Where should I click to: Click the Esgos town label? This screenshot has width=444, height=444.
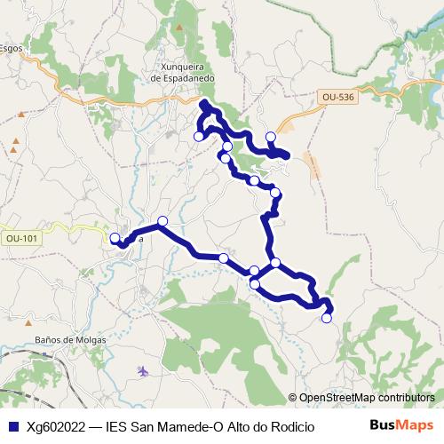click(x=10, y=49)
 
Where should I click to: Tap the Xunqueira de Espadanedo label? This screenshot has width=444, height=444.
click(x=185, y=71)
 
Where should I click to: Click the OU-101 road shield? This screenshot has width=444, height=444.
click(x=21, y=238)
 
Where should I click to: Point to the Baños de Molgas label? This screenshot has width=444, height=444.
click(x=70, y=340)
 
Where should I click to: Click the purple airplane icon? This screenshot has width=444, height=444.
click(x=144, y=369)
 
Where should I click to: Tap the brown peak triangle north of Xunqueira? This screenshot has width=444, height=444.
click(x=179, y=28)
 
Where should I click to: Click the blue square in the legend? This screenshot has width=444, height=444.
click(x=11, y=426)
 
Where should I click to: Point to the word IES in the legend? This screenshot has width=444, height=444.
click(x=116, y=426)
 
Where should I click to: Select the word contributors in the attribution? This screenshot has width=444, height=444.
click(x=406, y=399)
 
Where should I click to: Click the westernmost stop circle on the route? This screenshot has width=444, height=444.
click(x=115, y=237)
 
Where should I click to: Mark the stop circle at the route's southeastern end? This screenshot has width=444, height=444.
click(x=326, y=318)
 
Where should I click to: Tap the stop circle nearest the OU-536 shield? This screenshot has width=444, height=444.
click(x=271, y=137)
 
